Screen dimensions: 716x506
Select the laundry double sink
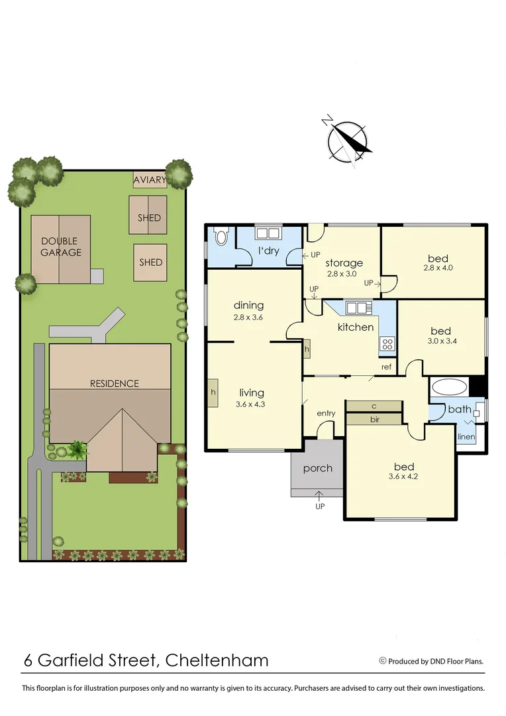[x=268, y=233]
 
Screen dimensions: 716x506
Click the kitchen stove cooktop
[x=387, y=343]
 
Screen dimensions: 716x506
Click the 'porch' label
[x=317, y=468]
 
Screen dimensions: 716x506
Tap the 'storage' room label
[x=344, y=263]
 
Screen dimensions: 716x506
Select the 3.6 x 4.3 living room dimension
[x=251, y=404]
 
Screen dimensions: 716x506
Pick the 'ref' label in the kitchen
[x=386, y=367]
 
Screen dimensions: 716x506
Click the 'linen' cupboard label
[x=466, y=438]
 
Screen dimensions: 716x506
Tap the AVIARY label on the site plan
[x=149, y=180]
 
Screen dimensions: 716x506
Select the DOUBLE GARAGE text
[x=60, y=247]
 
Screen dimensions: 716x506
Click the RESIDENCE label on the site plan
[x=115, y=383]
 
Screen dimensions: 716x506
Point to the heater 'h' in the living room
[x=213, y=391]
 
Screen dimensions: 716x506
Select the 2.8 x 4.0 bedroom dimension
[x=437, y=268]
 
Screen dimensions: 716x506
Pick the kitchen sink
[x=356, y=308]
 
